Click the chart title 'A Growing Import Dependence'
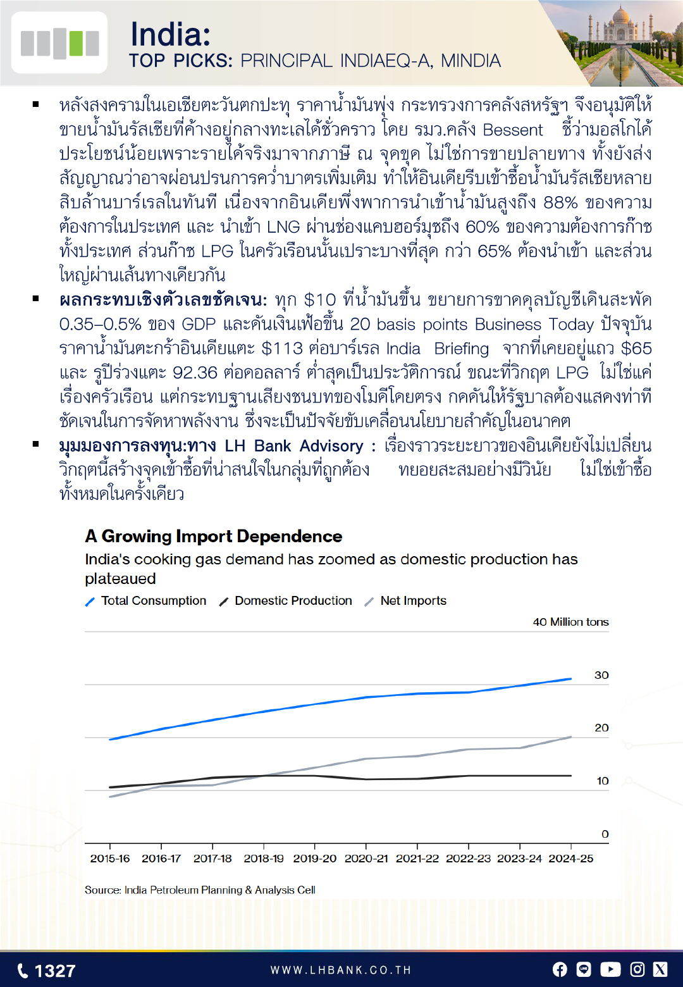pos(214,537)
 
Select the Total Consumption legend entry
pos(153,601)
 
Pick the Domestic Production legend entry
pos(293,601)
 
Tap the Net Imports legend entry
pos(413,601)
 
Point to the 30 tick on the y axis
pos(601,675)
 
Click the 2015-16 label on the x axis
pos(110,859)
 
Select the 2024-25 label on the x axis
pos(571,859)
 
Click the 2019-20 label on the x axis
pos(315,859)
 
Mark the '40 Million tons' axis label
pos(570,622)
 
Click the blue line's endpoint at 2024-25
pos(571,679)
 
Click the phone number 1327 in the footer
pos(54,971)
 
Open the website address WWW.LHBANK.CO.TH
pos(341,971)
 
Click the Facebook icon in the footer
pos(560,969)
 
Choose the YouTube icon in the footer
pos(610,969)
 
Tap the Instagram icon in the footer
pos(637,969)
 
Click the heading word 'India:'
pos(170,34)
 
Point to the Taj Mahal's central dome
pos(622,15)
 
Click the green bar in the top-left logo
pos(76,43)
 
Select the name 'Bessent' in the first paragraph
pos(513,130)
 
